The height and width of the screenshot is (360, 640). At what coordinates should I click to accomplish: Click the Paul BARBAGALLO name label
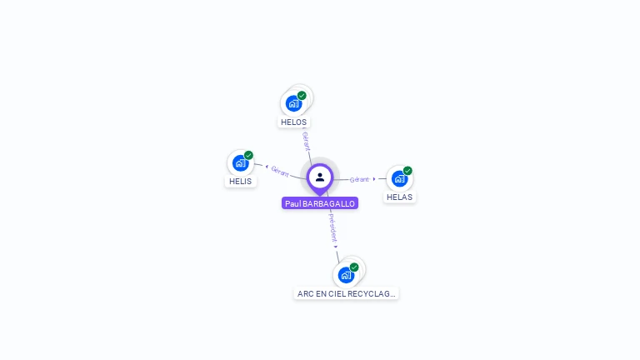[320, 203]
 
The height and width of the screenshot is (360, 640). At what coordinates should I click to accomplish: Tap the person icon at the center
[320, 177]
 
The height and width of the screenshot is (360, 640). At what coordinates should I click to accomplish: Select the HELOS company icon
[292, 103]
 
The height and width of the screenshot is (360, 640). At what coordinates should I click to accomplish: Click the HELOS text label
[293, 122]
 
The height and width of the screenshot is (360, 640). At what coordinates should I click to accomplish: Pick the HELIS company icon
[240, 163]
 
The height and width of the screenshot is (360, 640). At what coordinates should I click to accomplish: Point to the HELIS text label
[240, 181]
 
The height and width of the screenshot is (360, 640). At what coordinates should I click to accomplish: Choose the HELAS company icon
[399, 178]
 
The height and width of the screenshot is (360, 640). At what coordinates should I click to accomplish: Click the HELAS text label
[400, 197]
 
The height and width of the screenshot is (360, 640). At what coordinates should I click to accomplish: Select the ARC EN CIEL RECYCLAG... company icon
[346, 275]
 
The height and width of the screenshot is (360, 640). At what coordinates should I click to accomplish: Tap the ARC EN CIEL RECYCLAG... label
[347, 293]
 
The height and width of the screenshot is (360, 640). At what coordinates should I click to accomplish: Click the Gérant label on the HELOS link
[306, 140]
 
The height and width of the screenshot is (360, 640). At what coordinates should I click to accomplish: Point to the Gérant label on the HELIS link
[280, 171]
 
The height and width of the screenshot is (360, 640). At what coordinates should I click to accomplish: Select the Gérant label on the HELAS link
[359, 179]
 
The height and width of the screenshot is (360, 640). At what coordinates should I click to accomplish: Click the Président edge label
[332, 226]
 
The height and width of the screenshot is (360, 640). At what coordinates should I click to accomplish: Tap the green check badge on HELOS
[302, 96]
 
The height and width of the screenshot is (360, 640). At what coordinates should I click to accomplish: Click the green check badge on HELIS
[248, 156]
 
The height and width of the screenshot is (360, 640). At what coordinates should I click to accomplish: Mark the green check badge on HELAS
[407, 171]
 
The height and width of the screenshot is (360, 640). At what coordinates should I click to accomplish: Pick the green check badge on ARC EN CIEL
[354, 267]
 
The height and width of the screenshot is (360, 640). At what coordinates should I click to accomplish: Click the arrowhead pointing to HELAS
[374, 178]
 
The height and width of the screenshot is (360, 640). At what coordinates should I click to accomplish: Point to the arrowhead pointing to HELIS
[266, 167]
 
